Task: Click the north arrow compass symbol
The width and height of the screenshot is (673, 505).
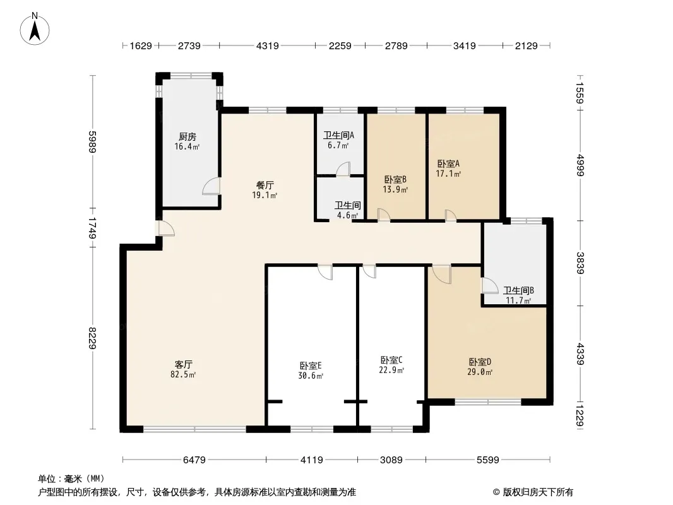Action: click(x=35, y=29)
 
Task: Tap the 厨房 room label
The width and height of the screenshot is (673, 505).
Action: click(x=188, y=137)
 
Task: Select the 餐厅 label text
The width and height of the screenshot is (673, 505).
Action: click(x=265, y=186)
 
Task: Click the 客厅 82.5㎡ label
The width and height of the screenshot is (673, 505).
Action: click(x=183, y=369)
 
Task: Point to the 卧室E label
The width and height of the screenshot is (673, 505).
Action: click(x=311, y=366)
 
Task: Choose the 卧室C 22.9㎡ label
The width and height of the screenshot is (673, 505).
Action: click(x=391, y=365)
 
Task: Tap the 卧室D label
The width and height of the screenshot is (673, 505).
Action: click(x=480, y=362)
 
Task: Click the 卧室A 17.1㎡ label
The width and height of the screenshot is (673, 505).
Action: click(x=448, y=169)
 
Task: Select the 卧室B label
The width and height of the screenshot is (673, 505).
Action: click(x=395, y=179)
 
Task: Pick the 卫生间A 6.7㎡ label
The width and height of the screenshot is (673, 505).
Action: click(x=338, y=140)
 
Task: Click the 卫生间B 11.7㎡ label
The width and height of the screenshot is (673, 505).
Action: click(x=518, y=295)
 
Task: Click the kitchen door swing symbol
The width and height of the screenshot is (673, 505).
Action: click(x=211, y=186)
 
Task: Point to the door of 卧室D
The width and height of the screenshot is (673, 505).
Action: click(x=442, y=274)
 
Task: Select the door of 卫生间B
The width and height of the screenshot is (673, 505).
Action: click(x=489, y=286)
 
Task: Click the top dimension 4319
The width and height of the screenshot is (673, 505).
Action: click(x=268, y=45)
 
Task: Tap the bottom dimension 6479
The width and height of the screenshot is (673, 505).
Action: click(x=194, y=460)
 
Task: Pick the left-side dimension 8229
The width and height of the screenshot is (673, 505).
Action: click(x=92, y=338)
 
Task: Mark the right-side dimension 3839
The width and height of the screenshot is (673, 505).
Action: click(x=580, y=263)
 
